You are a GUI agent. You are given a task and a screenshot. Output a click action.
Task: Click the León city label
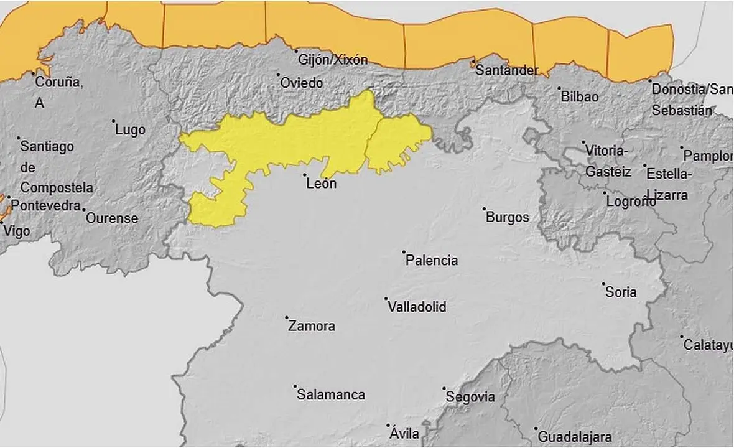point(322,184)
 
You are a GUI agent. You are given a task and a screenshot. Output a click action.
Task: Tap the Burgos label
point(508,217)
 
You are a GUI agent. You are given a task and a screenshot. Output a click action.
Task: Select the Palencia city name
point(432,261)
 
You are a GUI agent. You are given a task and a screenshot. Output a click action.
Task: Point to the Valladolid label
point(416,307)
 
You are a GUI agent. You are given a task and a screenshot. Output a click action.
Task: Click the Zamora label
point(312,326)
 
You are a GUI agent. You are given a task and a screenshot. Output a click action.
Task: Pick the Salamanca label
point(331,395)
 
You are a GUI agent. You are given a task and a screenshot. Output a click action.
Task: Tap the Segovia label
point(471,397)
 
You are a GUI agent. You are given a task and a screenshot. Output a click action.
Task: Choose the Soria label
point(621,291)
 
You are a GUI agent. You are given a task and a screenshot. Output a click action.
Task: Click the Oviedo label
point(302,83)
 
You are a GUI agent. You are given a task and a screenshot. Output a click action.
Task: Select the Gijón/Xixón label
point(333,60)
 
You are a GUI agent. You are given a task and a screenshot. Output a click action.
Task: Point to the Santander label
point(507,70)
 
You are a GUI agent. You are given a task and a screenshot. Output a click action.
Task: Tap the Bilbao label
point(580,97)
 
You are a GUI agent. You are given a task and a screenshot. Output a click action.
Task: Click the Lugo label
point(131,129)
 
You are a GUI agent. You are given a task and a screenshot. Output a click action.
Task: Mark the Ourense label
point(112,218)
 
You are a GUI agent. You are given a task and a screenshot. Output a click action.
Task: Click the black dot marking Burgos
point(485,208)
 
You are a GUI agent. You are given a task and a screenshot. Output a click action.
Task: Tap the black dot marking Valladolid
point(386,299)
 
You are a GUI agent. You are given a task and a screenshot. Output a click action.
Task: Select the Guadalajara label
point(574,437)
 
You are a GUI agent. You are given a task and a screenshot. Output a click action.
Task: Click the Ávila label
point(404,434)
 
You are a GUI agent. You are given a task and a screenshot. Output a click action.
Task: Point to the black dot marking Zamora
point(287,318)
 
